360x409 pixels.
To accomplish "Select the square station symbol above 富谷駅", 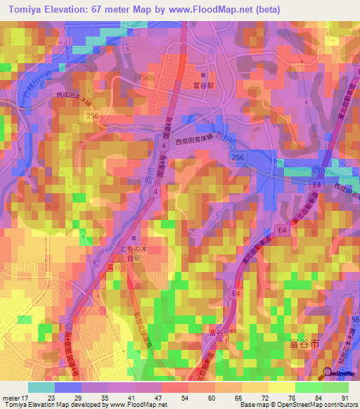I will click(x=203, y=75).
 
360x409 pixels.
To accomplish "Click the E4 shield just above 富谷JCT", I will click(x=236, y=292).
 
